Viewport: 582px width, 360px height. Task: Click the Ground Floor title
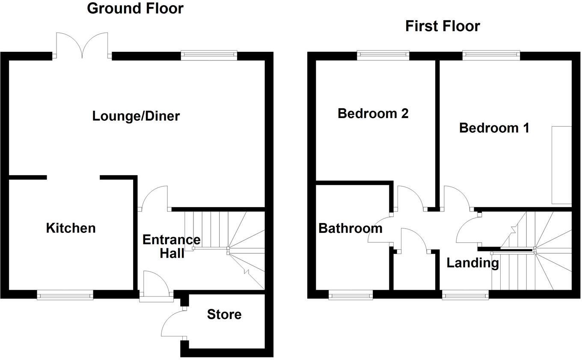pyautogui.click(x=135, y=8)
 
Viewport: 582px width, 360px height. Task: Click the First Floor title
pyautogui.click(x=442, y=26)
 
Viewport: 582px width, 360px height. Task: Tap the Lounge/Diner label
pyautogui.click(x=136, y=116)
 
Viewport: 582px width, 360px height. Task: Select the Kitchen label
pyautogui.click(x=71, y=228)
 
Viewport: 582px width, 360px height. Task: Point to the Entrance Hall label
pyautogui.click(x=171, y=246)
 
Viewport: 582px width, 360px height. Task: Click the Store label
pyautogui.click(x=224, y=315)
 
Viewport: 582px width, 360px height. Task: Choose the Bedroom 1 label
pyautogui.click(x=494, y=128)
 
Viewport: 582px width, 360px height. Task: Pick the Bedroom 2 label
pyautogui.click(x=373, y=113)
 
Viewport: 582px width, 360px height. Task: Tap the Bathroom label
pyautogui.click(x=350, y=229)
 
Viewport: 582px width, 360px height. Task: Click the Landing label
pyautogui.click(x=472, y=263)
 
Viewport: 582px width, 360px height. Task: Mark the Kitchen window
pyautogui.click(x=65, y=295)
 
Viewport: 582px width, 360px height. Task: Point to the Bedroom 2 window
pyautogui.click(x=383, y=55)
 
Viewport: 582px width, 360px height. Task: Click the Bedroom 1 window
pyautogui.click(x=491, y=55)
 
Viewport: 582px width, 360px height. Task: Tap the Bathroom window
pyautogui.click(x=350, y=295)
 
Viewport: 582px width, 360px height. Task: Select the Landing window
pyautogui.click(x=465, y=295)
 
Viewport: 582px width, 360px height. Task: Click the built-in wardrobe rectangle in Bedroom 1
pyautogui.click(x=561, y=165)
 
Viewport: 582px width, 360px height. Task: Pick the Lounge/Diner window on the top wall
pyautogui.click(x=209, y=55)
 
